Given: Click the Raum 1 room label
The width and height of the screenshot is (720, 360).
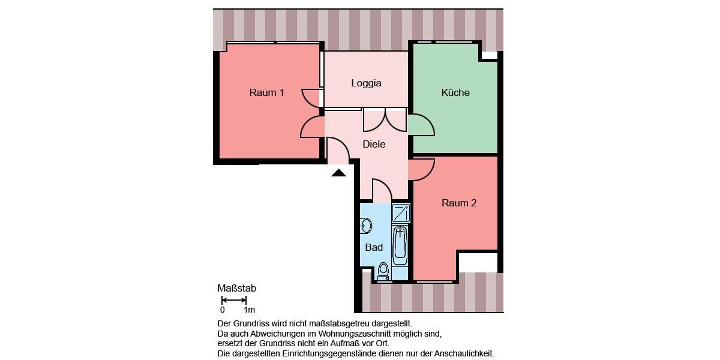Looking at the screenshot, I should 266,93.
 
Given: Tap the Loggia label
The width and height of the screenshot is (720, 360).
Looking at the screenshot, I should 366,83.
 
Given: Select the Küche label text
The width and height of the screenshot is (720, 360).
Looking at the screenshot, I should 455,93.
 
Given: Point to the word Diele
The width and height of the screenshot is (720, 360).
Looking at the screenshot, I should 374,145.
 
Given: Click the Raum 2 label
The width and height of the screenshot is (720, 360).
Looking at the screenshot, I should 459,203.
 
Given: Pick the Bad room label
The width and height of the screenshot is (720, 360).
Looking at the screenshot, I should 374,247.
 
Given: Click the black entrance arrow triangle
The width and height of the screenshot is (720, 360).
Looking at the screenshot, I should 339,173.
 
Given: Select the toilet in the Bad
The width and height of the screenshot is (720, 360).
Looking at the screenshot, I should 383,271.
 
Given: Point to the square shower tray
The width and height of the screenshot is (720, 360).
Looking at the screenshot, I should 401,213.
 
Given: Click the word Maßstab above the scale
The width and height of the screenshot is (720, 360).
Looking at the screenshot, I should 236,289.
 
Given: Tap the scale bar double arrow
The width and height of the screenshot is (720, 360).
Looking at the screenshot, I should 234,300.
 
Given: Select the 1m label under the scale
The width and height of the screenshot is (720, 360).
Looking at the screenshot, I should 249,310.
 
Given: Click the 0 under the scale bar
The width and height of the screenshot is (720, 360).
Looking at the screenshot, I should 222,310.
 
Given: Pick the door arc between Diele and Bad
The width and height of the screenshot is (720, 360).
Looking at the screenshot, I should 382,190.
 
